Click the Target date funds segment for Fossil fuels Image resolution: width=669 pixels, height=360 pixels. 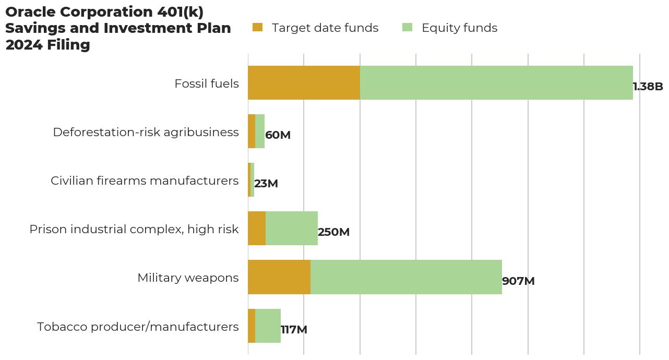pyautogui.click(x=304, y=83)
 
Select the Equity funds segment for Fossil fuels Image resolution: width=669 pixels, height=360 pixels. pyautogui.click(x=496, y=83)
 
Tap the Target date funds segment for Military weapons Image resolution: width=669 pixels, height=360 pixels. pyautogui.click(x=279, y=277)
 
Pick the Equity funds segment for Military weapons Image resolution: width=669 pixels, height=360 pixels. pyautogui.click(x=406, y=277)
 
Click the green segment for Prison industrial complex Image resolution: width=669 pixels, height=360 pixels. pyautogui.click(x=292, y=229)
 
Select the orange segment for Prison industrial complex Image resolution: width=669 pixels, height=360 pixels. pyautogui.click(x=257, y=229)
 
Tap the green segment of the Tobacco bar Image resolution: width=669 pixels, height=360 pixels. pyautogui.click(x=268, y=326)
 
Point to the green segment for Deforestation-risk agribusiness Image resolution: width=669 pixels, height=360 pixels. pyautogui.click(x=260, y=131)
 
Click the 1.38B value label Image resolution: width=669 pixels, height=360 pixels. pyautogui.click(x=648, y=87)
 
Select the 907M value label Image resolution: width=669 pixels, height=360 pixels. pyautogui.click(x=518, y=281)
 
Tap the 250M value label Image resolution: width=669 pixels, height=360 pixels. pyautogui.click(x=333, y=232)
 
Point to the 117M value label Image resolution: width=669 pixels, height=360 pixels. pyautogui.click(x=294, y=330)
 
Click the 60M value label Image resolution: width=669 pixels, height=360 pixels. pyautogui.click(x=278, y=135)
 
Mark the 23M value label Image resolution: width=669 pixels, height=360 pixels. pyautogui.click(x=266, y=184)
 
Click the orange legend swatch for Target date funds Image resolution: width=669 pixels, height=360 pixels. pyautogui.click(x=257, y=28)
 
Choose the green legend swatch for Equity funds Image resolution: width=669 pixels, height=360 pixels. pyautogui.click(x=407, y=28)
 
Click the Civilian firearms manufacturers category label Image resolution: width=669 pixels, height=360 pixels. pyautogui.click(x=145, y=181)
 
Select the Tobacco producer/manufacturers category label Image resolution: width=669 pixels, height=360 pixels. pyautogui.click(x=138, y=327)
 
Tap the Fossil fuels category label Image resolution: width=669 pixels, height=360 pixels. pyautogui.click(x=207, y=83)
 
